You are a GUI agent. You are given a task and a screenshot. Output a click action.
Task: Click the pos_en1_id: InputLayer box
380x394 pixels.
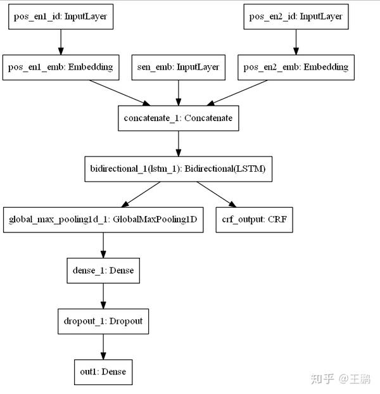pos(61,17)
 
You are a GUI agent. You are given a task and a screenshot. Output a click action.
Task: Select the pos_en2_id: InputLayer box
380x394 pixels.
pos(294,17)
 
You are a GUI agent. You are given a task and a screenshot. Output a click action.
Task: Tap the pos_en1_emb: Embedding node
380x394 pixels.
pos(61,67)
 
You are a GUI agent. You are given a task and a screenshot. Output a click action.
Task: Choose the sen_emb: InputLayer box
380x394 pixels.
pos(178,67)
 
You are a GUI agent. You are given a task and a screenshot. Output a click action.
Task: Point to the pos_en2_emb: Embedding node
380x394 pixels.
pos(294,67)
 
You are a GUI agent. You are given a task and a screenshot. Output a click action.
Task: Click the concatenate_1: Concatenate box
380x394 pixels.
pos(178,118)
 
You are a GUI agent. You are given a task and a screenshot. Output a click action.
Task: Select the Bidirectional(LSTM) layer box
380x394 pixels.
pos(178,169)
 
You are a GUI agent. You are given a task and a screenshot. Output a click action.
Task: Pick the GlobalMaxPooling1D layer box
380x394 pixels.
pos(103,220)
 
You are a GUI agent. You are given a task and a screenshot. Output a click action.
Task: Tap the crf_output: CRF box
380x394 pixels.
pos(254,220)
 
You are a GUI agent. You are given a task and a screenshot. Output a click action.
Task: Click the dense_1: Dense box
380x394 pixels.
pos(103,270)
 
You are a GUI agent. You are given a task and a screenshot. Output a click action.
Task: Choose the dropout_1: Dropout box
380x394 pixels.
pos(103,321)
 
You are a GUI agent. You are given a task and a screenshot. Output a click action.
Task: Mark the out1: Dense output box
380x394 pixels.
pos(103,372)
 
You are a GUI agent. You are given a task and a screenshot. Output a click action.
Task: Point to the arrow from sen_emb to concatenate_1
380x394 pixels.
pos(178,92)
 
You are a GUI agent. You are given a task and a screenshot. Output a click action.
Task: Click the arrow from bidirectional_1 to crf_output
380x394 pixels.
pos(216,194)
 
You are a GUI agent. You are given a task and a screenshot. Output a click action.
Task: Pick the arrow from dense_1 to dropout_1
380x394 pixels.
pos(103,296)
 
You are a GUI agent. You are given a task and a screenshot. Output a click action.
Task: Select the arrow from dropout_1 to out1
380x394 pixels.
pos(103,346)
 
